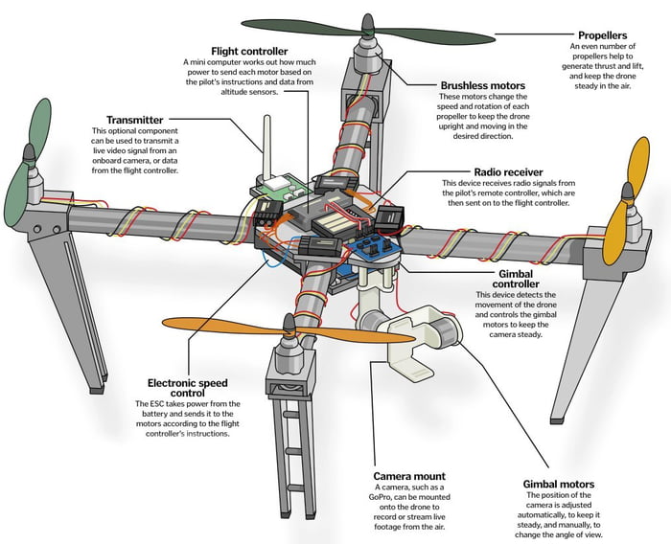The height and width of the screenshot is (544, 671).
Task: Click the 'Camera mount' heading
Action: click(409, 476)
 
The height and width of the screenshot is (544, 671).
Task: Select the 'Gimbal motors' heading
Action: click(560, 485)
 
